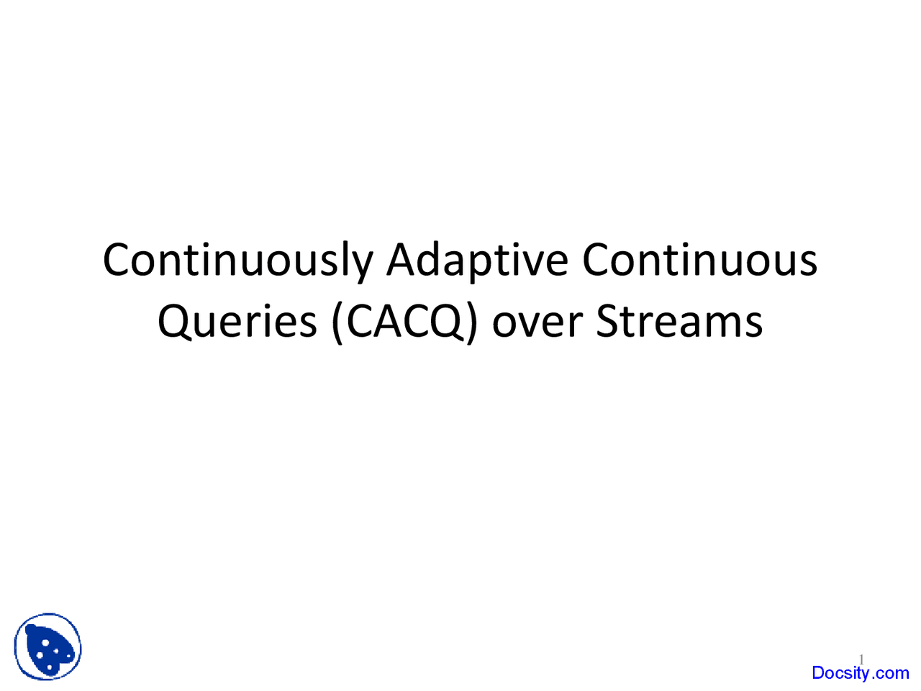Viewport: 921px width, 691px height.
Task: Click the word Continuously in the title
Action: point(237,261)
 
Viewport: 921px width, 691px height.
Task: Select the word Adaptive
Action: point(477,261)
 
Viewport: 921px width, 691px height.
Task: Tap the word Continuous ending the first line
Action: point(699,259)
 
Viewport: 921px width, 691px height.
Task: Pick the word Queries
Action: point(237,322)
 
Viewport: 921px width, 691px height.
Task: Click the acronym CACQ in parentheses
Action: point(405,322)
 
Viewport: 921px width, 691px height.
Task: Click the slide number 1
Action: point(861,659)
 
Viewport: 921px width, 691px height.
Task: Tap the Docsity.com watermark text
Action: point(860,673)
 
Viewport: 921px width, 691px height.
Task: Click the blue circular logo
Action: point(47,646)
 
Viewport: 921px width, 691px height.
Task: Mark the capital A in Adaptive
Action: point(401,259)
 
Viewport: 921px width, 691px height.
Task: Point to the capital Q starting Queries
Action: point(175,322)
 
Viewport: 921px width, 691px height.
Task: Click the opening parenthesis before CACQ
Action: point(337,322)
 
